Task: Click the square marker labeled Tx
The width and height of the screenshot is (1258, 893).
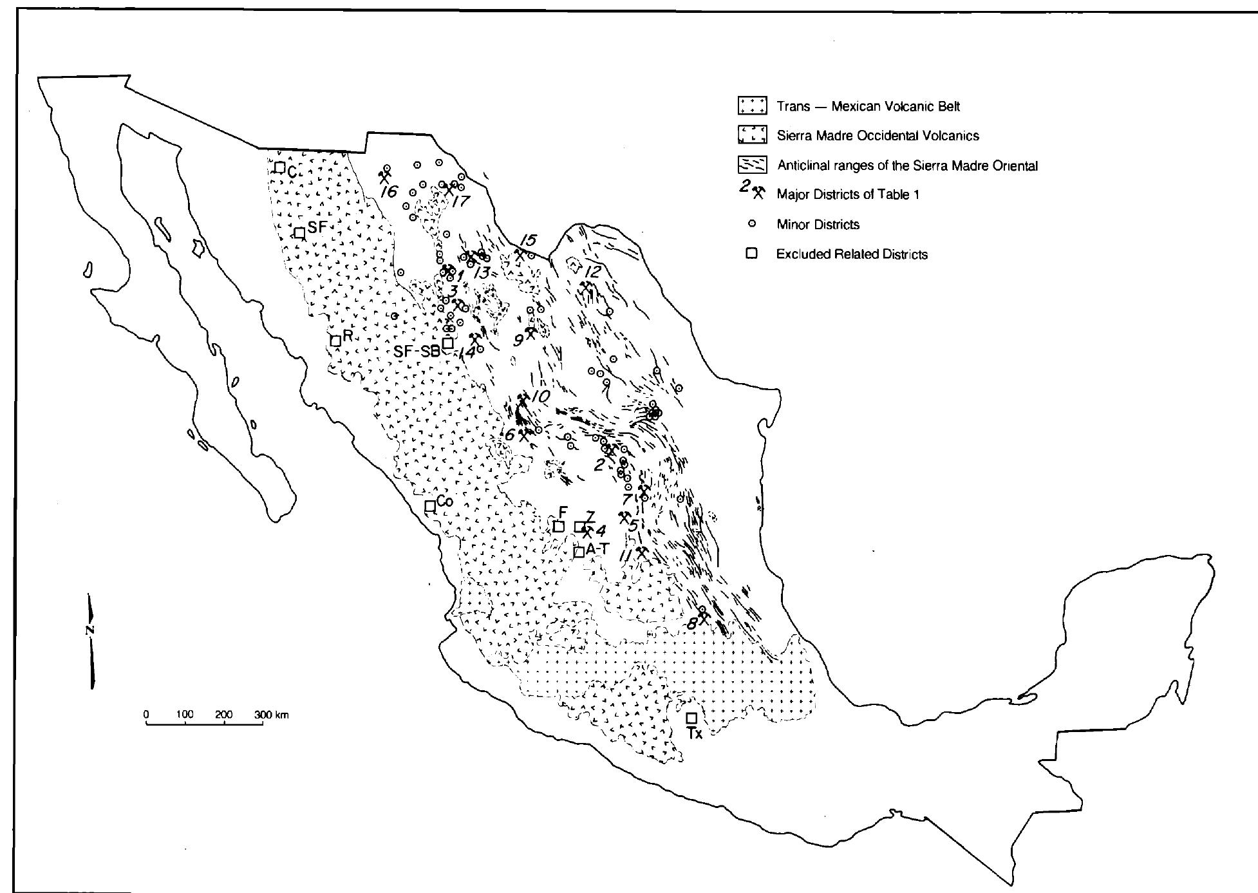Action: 691,717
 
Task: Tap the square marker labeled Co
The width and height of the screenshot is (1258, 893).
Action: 430,506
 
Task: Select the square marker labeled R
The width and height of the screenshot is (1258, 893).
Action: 335,340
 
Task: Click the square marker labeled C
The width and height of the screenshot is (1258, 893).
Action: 280,167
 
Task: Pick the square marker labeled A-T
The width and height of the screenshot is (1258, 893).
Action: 579,552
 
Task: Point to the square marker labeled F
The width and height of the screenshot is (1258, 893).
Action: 559,526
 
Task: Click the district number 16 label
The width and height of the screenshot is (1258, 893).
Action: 389,191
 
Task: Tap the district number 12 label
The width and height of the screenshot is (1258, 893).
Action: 592,272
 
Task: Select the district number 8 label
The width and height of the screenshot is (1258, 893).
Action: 691,623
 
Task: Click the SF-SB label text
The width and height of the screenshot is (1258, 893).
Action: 416,352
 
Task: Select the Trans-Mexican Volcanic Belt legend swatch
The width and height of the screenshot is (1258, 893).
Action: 751,106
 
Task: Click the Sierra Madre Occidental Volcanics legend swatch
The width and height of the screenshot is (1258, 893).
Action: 751,135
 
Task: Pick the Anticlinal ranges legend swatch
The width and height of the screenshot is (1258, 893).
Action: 751,165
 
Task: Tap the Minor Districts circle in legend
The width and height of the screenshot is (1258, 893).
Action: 751,224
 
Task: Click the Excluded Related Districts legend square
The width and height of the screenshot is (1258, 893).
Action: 751,254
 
